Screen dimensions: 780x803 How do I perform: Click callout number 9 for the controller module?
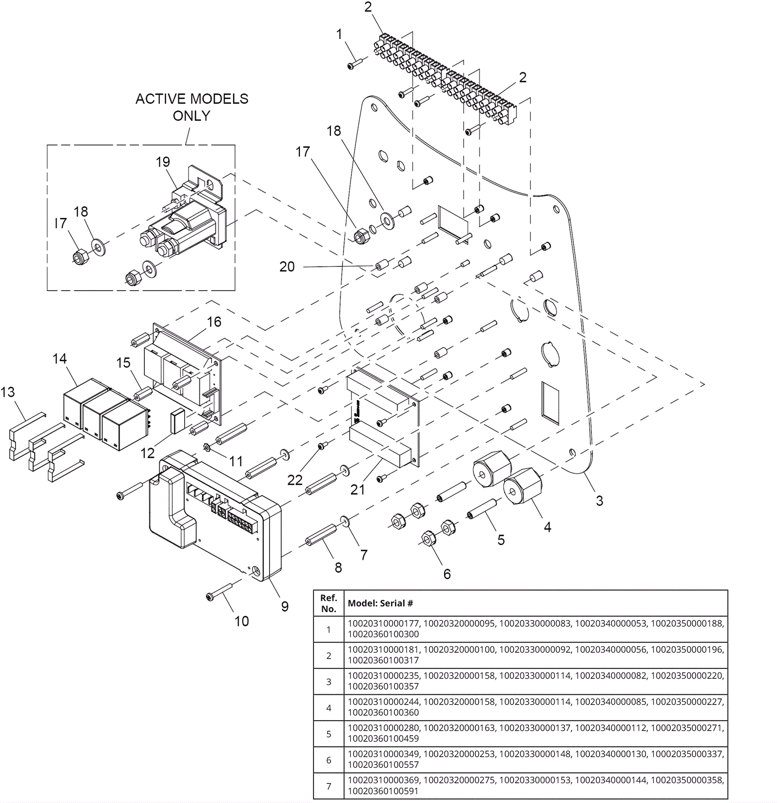click(285, 607)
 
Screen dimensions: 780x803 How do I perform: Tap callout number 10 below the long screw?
click(242, 621)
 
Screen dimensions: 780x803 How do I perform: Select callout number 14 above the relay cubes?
click(59, 359)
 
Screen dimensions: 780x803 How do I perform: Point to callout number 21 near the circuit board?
click(357, 490)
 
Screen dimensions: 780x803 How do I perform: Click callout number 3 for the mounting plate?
click(600, 501)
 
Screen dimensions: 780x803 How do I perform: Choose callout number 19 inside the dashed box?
click(163, 162)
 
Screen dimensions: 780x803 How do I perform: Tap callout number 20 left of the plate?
click(287, 267)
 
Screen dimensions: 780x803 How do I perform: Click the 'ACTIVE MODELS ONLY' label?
click(192, 107)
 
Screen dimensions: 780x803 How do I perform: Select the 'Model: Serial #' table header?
click(380, 604)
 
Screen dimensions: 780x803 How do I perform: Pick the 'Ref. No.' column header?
click(329, 604)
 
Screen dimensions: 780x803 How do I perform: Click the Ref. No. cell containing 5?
click(329, 734)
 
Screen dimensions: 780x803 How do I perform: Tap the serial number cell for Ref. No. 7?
click(535, 786)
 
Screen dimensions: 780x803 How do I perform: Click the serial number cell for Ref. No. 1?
click(535, 629)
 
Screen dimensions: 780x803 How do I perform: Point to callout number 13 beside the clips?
click(7, 392)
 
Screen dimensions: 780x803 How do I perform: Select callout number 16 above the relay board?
click(214, 322)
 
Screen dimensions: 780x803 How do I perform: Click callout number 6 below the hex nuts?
click(447, 574)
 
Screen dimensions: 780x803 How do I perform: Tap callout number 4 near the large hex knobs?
click(547, 527)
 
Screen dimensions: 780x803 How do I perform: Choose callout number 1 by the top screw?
click(339, 34)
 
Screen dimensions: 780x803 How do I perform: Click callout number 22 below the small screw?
click(295, 480)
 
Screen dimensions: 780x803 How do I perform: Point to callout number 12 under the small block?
click(147, 453)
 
